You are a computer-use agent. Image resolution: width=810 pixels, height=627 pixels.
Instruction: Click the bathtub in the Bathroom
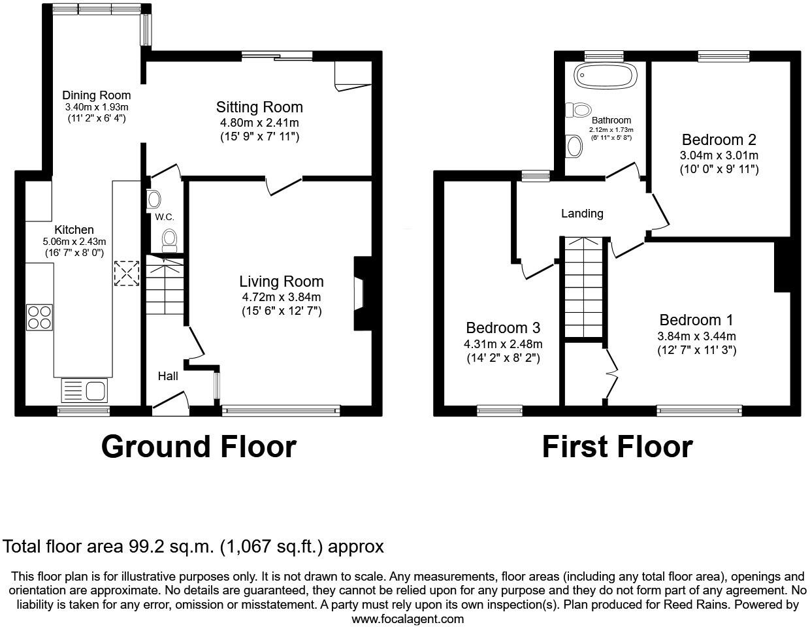(x=604, y=76)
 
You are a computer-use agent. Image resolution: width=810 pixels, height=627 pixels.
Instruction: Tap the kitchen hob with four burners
(x=39, y=317)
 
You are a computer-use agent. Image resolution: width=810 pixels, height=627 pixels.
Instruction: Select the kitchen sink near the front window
(x=84, y=391)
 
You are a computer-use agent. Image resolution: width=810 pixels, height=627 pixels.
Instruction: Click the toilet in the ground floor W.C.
(x=169, y=240)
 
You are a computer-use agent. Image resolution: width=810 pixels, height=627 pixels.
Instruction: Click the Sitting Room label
(x=259, y=107)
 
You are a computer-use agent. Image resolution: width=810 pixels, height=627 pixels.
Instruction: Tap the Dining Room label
(x=97, y=95)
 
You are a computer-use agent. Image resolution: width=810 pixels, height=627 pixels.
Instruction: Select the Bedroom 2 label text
(x=719, y=140)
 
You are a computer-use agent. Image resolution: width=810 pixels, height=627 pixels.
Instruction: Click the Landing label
(x=582, y=214)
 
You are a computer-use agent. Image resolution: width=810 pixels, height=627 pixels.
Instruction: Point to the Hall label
(x=168, y=376)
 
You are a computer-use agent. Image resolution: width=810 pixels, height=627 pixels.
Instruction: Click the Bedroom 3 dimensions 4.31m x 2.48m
(x=503, y=344)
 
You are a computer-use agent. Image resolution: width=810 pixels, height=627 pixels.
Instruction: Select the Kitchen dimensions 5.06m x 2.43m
(x=74, y=242)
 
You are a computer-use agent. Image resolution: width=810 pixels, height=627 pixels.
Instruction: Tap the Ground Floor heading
(x=199, y=447)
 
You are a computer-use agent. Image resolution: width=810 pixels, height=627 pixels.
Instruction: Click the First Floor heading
(x=617, y=447)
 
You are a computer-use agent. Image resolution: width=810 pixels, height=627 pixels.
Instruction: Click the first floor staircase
(x=583, y=287)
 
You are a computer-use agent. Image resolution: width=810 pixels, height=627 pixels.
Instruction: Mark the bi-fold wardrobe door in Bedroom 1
(x=611, y=374)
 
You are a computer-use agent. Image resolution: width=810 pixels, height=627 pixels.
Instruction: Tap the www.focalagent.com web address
(x=408, y=619)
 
